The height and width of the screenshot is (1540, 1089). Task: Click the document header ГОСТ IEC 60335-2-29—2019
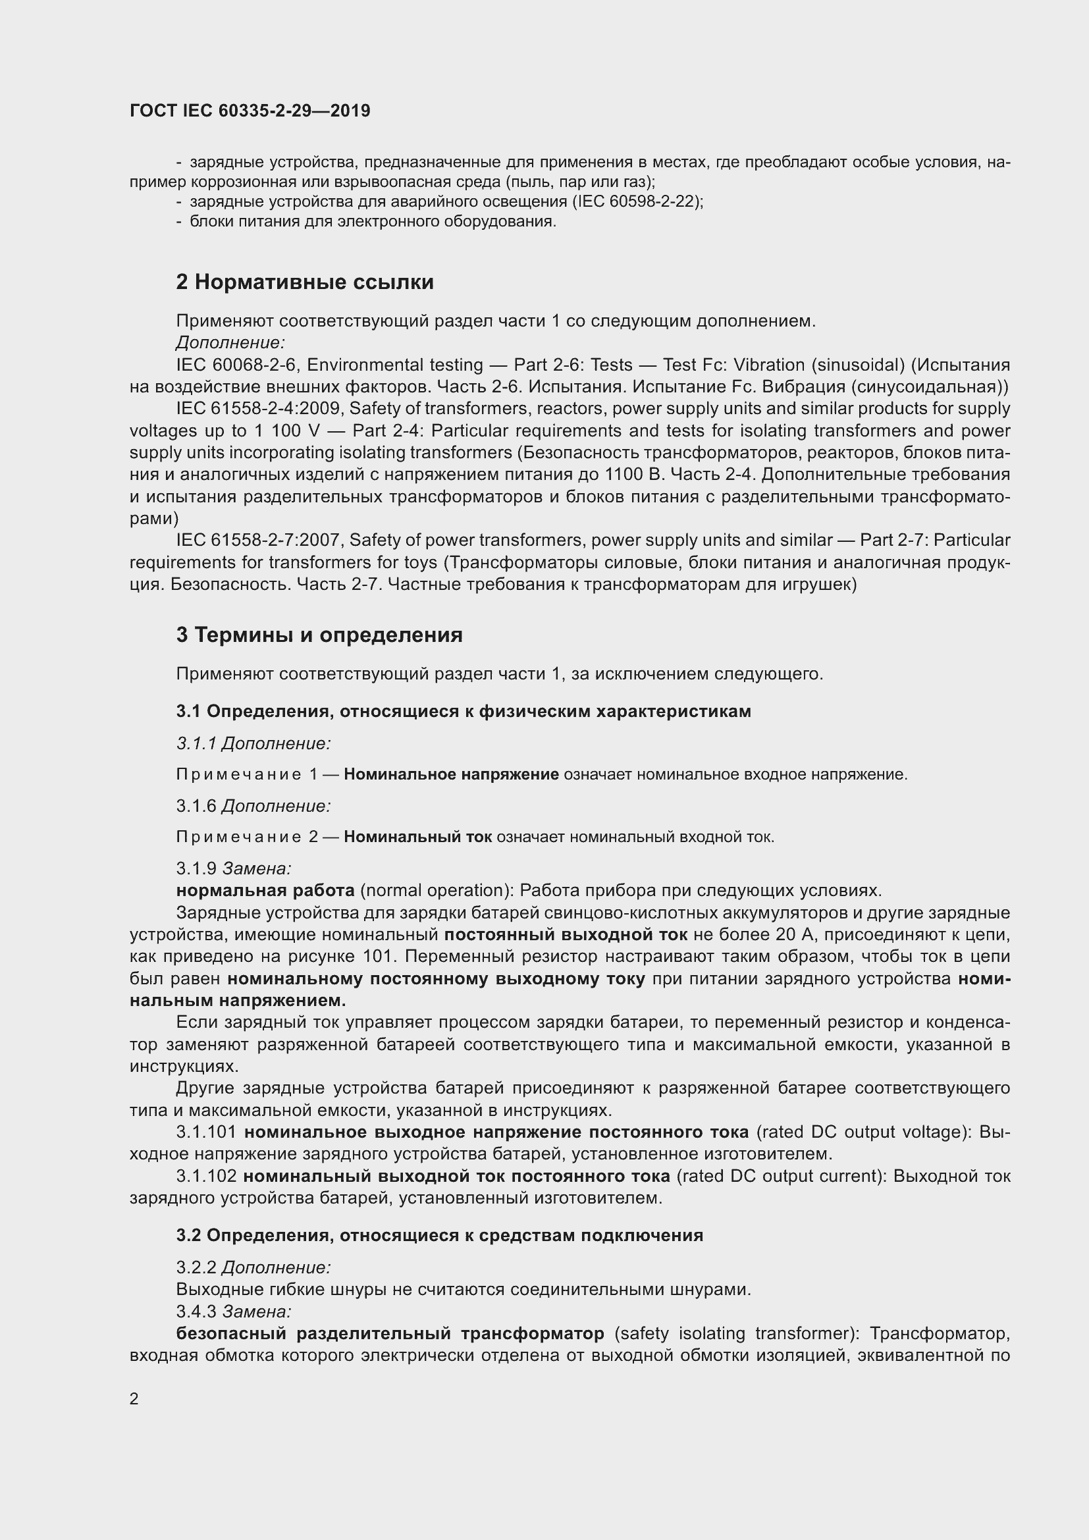(x=250, y=111)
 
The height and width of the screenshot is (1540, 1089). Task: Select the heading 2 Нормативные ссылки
(x=304, y=282)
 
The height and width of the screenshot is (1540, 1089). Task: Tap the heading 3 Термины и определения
(x=319, y=635)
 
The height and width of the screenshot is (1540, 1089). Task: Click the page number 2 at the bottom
(x=134, y=1398)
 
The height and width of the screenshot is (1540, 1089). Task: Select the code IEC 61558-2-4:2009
(x=257, y=408)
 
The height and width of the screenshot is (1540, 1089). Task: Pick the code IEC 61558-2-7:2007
(x=257, y=540)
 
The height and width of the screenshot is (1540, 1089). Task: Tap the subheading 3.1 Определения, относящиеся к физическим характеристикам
(x=464, y=712)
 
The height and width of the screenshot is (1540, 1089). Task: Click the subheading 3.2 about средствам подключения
(x=439, y=1235)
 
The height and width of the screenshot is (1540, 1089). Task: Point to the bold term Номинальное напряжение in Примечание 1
(x=451, y=775)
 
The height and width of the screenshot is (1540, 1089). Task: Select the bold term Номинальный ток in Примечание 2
(x=418, y=837)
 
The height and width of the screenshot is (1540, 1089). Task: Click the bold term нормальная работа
(x=265, y=890)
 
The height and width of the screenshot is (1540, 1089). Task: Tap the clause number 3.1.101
(x=207, y=1132)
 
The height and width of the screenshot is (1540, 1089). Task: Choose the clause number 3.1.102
(x=207, y=1176)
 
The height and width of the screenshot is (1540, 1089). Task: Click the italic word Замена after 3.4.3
(x=257, y=1311)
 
